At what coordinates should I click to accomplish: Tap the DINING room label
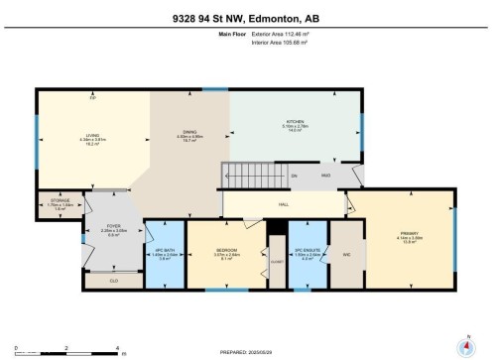[188, 133]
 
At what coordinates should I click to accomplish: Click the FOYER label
[113, 227]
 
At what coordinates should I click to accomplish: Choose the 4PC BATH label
[166, 252]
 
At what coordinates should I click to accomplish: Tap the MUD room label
[324, 176]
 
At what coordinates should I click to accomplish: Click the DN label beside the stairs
[293, 176]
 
